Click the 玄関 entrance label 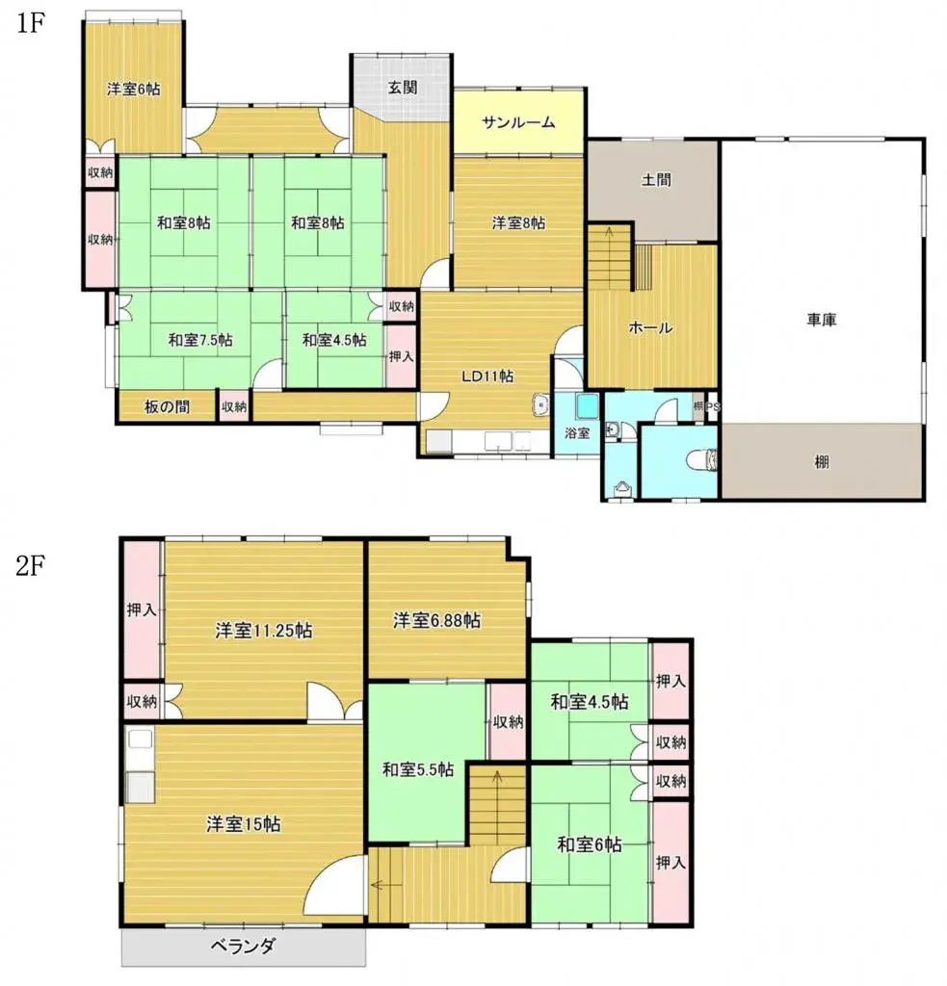tap(403, 87)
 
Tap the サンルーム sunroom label tap(519, 122)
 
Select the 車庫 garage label tap(822, 320)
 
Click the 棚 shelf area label tap(822, 462)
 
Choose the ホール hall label tap(650, 327)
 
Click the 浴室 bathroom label tap(576, 433)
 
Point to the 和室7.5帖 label tap(200, 339)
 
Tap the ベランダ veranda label tap(245, 946)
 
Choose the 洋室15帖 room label tap(243, 825)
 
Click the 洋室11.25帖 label tap(262, 631)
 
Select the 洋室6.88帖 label tap(436, 621)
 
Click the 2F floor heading tap(31, 565)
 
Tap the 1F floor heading tap(31, 25)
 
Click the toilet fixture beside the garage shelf tap(710, 461)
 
